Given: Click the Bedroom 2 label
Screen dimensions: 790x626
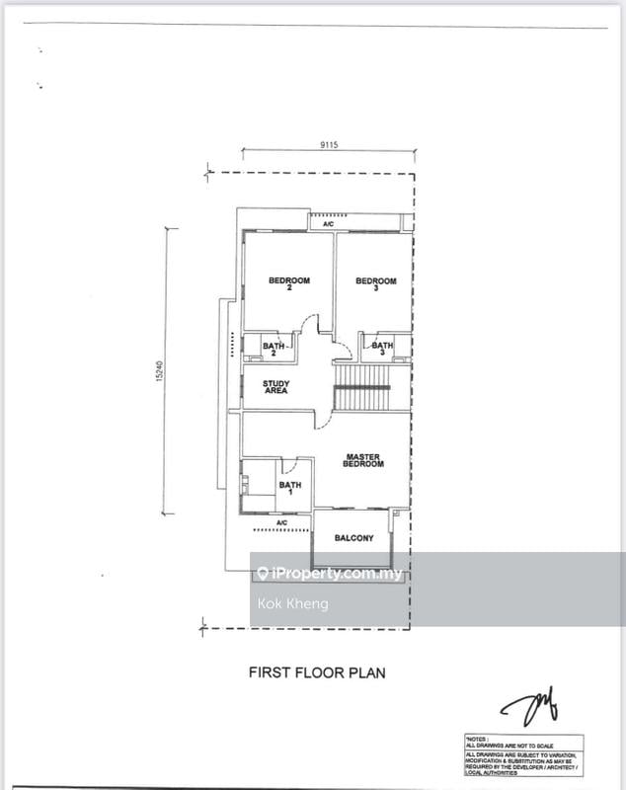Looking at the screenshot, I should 289,285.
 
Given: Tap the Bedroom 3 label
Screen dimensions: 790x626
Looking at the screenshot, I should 375,285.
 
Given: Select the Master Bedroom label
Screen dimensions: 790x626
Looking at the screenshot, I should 363,460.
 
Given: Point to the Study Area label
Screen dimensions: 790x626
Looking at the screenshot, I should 275,387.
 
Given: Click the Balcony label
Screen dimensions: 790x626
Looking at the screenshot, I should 353,538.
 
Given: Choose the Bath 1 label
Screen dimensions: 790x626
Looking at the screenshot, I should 290,488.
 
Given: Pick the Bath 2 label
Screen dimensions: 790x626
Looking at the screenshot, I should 274,350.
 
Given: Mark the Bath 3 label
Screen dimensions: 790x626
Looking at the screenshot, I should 382,350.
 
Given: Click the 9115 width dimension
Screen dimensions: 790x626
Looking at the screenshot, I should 329,144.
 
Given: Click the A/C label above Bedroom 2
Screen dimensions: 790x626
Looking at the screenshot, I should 328,224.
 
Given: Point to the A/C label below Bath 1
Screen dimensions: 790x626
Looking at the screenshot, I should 281,521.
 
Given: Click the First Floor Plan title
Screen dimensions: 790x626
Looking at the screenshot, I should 315,672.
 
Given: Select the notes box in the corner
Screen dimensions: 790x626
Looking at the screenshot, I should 523,755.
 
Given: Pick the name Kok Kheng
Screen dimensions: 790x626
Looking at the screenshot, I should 292,603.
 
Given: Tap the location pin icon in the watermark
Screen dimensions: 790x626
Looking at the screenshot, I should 263,574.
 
